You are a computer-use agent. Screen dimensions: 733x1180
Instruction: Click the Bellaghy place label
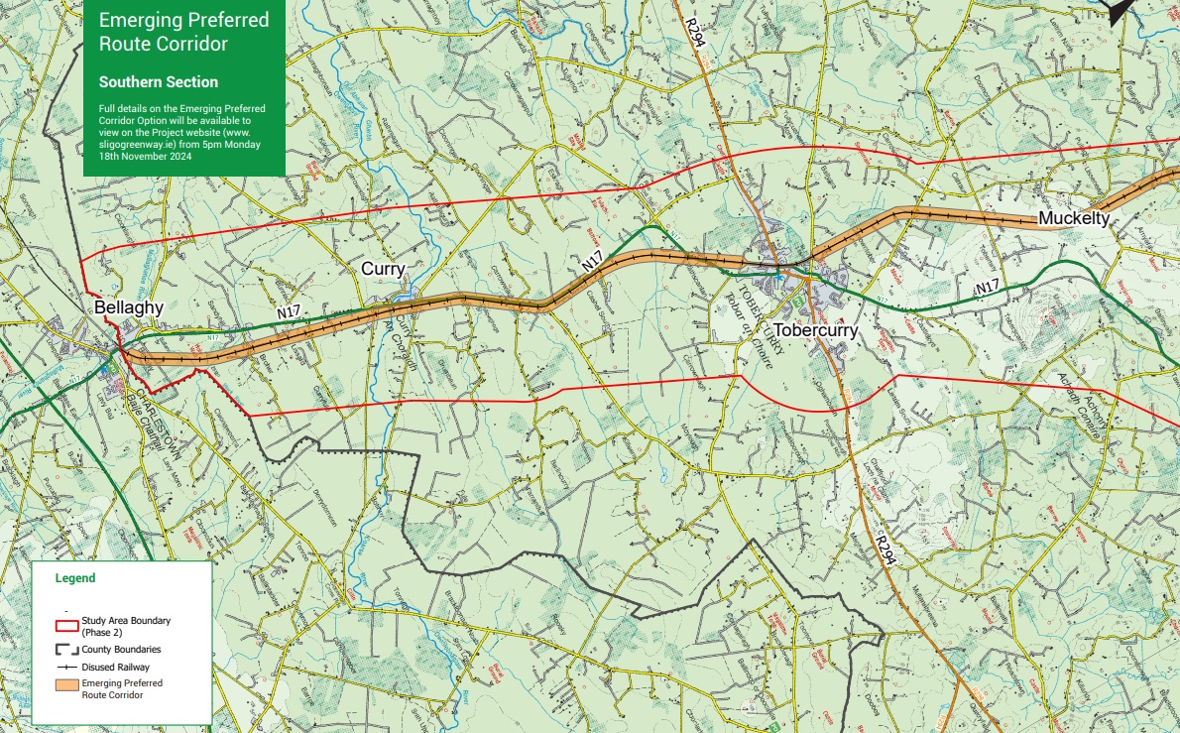click(129, 307)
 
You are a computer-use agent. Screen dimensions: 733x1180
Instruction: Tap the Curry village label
click(384, 269)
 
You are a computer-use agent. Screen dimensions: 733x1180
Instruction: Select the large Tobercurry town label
click(816, 330)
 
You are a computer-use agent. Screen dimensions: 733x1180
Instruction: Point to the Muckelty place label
click(1073, 218)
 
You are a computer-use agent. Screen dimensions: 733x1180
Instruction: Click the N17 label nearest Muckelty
click(986, 288)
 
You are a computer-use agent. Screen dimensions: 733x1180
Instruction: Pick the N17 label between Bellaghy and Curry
click(289, 312)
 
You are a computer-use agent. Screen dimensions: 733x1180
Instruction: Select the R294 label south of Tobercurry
click(885, 548)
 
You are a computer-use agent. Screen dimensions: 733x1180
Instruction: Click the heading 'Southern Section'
click(159, 82)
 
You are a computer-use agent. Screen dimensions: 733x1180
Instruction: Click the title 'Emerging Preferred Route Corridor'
click(183, 33)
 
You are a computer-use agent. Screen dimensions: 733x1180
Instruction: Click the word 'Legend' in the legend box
click(75, 577)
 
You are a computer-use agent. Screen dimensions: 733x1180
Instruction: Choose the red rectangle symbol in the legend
click(66, 626)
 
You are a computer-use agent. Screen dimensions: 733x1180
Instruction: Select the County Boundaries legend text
click(121, 649)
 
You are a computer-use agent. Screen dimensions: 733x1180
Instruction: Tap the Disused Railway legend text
click(116, 668)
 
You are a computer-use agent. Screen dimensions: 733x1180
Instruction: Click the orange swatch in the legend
click(66, 688)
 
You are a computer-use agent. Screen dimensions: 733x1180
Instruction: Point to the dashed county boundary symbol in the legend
click(66, 649)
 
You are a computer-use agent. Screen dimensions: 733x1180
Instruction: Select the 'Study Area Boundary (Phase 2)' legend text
click(126, 626)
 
